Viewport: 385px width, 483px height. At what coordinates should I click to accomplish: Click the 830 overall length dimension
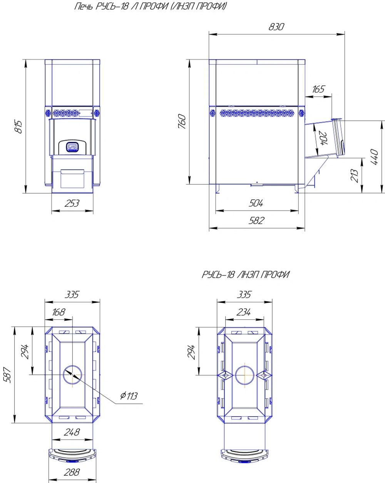[x=276, y=27]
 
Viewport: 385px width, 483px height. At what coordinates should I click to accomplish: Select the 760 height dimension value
[x=182, y=121]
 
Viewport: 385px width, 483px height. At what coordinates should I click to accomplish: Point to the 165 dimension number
[x=318, y=89]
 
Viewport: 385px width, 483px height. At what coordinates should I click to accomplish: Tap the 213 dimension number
[x=354, y=176]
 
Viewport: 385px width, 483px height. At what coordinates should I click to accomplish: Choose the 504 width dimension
[x=256, y=203]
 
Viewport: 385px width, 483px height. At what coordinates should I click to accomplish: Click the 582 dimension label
[x=256, y=221]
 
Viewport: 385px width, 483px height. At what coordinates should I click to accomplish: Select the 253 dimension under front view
[x=72, y=203]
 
